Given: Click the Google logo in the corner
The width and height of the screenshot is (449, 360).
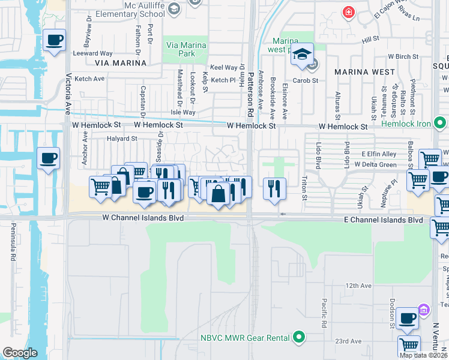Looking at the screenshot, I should tap(20, 353).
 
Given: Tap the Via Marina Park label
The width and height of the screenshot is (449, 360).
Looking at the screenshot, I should tap(186, 49).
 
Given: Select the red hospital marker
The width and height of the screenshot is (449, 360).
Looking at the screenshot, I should tap(348, 12).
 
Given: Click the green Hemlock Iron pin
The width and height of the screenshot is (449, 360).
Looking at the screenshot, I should tap(441, 124).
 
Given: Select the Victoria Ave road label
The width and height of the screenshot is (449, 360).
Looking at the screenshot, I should tap(68, 94).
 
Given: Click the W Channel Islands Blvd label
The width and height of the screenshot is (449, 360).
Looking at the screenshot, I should tap(142, 219).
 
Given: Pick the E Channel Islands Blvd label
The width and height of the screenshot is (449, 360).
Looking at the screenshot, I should tap(384, 220).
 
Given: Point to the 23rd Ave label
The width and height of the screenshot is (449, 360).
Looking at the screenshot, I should tap(349, 341).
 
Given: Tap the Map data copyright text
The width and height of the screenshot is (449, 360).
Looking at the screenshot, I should tap(424, 355).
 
